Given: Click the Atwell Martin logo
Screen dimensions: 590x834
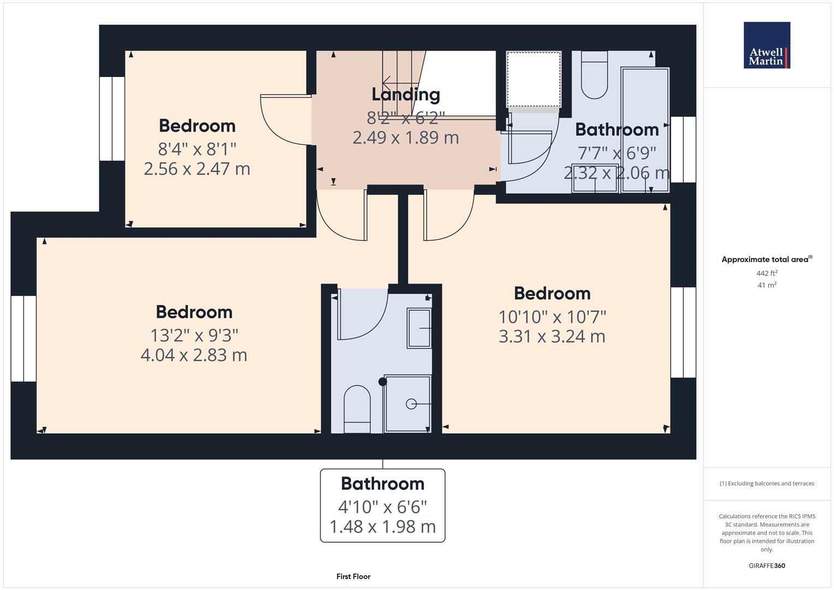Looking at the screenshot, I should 766,45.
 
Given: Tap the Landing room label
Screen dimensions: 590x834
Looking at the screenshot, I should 406,95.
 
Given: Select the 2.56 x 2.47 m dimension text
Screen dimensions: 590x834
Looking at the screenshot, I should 197,169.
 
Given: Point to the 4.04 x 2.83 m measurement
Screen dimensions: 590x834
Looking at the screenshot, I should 194,355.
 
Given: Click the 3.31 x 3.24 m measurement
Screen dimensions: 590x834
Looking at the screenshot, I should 552,337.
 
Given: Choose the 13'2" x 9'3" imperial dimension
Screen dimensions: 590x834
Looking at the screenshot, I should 194,334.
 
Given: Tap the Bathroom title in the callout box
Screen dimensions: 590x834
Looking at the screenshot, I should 382,483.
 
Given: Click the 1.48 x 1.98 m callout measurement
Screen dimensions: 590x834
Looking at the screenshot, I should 382,527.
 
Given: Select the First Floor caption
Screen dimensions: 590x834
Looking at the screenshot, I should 353,576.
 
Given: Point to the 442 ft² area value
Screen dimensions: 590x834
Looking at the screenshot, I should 767,273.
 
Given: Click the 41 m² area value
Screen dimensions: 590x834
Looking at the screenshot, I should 767,285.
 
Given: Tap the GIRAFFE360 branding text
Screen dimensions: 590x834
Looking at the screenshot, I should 767,565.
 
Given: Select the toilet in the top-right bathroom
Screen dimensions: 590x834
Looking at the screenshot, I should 594,77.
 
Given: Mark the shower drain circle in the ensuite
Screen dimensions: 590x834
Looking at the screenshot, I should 411,404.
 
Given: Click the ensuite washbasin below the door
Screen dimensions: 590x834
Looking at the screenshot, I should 419,328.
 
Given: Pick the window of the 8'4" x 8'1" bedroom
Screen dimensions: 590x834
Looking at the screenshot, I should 112,119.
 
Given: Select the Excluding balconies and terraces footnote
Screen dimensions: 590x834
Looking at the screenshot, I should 767,483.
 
